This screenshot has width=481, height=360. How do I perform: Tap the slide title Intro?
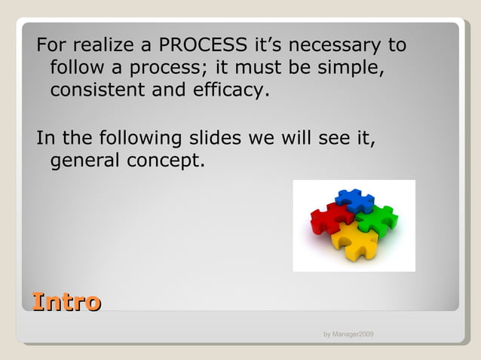point(66,302)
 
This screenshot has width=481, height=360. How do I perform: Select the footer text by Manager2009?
point(348,334)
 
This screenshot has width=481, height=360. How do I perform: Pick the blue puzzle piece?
point(354,201)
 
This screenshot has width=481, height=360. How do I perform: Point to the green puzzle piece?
point(377,221)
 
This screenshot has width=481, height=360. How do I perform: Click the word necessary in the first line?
point(332,45)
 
